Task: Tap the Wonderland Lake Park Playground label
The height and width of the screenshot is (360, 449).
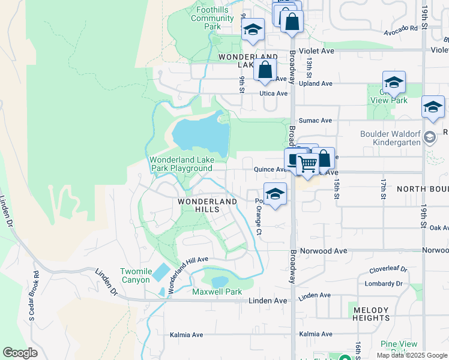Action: (x=181, y=164)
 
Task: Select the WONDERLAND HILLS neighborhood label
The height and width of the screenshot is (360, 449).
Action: (x=207, y=205)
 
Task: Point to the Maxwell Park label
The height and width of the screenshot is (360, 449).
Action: (x=217, y=292)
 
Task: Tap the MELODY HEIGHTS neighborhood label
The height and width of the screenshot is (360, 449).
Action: (x=372, y=313)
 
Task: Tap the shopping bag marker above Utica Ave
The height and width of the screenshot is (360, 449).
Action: (x=265, y=70)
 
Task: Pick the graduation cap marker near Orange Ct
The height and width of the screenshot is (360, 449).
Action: (x=275, y=194)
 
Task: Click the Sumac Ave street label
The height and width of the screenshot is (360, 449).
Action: (x=318, y=121)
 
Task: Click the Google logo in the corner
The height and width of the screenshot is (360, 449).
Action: (x=20, y=353)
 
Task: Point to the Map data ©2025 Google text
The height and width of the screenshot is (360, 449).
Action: (x=411, y=355)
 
